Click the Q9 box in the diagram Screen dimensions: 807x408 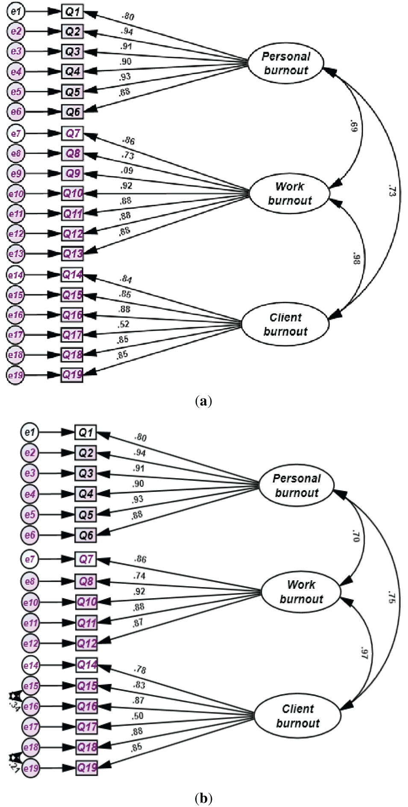[73, 173]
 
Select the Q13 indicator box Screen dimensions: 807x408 [73, 254]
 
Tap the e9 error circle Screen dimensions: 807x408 [16, 173]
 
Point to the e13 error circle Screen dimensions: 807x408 [16, 254]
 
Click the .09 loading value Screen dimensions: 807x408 [127, 171]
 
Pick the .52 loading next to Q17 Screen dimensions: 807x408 [123, 325]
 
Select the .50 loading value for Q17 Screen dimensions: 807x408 [138, 716]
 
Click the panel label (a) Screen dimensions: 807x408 [203, 401]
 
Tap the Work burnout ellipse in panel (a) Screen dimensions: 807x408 [289, 193]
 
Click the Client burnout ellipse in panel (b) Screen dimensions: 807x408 [297, 716]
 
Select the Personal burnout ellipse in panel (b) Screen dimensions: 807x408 [296, 485]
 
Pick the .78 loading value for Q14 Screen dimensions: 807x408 [140, 670]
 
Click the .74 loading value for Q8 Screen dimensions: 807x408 [139, 576]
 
